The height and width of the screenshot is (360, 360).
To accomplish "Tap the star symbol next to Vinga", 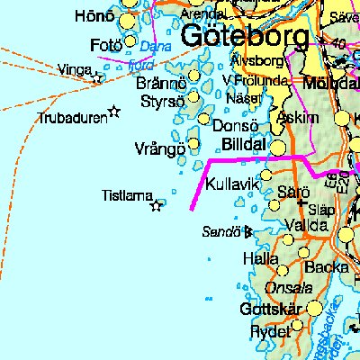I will point(97,78).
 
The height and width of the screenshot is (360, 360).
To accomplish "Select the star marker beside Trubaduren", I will point(113,112).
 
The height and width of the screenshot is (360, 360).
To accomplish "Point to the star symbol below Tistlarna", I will point(156,206).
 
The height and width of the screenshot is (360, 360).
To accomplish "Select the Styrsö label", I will point(163,101).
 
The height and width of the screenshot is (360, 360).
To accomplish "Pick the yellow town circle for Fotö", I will point(131,41).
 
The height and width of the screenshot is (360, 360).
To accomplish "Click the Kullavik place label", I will point(232,184).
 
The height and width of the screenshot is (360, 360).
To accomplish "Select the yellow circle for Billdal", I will point(280,146).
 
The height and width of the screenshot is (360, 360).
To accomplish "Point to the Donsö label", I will point(236,127).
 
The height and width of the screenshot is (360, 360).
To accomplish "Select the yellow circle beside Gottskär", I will point(314,309).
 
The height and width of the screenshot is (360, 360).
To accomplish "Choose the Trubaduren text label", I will point(71,118).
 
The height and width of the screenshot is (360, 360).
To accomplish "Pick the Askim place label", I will point(299,118).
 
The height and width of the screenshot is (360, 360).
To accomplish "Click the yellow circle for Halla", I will point(284,269).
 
